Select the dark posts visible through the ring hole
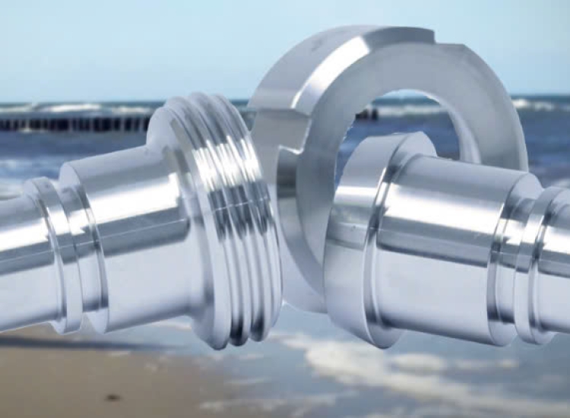point(367,115)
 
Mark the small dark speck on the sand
point(112,397)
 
